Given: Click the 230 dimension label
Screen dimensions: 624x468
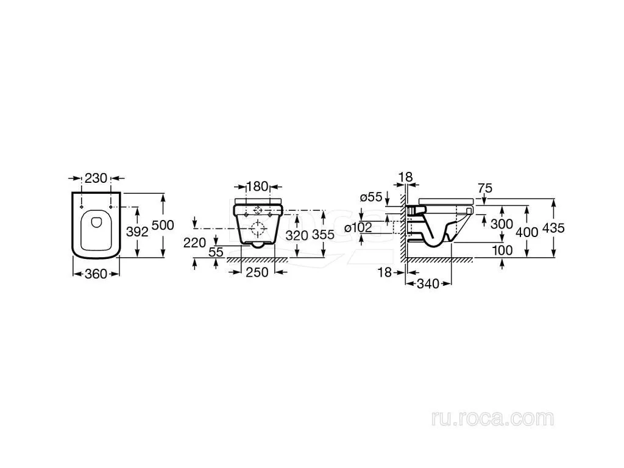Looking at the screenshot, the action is pyautogui.click(x=96, y=178).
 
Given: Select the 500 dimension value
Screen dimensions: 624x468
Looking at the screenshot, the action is pyautogui.click(x=163, y=225).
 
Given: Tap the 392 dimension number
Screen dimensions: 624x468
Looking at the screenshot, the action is pyautogui.click(x=137, y=232).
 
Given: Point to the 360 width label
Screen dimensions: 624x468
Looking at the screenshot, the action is pyautogui.click(x=96, y=274).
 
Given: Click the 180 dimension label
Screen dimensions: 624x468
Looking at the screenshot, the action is pyautogui.click(x=258, y=186).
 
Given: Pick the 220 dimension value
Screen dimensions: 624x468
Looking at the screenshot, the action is pyautogui.click(x=194, y=243).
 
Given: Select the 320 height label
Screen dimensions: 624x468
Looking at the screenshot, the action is pyautogui.click(x=297, y=236).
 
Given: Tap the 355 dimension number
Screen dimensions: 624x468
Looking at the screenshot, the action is pyautogui.click(x=323, y=235).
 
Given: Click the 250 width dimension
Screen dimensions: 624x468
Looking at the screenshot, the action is pyautogui.click(x=257, y=272).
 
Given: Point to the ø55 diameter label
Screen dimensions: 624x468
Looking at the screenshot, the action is pyautogui.click(x=371, y=197).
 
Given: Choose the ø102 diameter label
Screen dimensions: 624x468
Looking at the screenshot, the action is pyautogui.click(x=358, y=228).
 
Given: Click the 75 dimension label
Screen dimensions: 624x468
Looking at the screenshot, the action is pyautogui.click(x=484, y=188).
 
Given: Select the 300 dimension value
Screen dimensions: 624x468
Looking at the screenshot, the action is pyautogui.click(x=502, y=224).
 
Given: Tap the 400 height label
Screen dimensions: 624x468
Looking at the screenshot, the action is pyautogui.click(x=527, y=232).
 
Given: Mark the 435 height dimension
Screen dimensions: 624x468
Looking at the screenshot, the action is pyautogui.click(x=553, y=228).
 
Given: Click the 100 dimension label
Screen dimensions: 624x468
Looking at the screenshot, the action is pyautogui.click(x=502, y=250).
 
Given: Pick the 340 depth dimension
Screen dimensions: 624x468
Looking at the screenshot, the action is pyautogui.click(x=428, y=284).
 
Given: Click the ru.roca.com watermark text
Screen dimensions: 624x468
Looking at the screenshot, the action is pyautogui.click(x=492, y=419).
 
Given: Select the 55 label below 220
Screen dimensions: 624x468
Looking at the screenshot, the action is pyautogui.click(x=216, y=252).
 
